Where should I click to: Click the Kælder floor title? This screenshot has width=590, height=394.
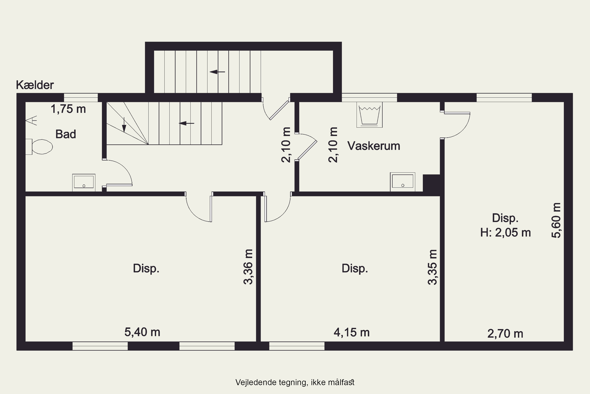click(x=35, y=85)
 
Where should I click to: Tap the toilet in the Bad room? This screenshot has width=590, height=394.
click(x=40, y=147)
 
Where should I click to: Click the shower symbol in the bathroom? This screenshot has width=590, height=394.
click(x=31, y=120)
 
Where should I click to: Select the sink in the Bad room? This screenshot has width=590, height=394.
click(x=84, y=182)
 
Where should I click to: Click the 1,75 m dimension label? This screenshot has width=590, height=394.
click(x=68, y=109)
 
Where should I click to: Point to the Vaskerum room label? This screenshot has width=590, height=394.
click(x=373, y=146)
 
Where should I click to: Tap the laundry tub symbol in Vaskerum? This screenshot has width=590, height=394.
click(x=369, y=115)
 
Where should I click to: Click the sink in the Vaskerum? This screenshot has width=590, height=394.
click(x=402, y=182)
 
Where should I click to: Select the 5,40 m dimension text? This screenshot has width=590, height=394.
click(x=142, y=332)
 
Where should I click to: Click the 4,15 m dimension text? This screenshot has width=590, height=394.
click(x=351, y=333)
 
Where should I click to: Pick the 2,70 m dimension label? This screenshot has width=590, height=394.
click(x=505, y=334)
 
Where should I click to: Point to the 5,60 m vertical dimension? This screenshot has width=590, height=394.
click(x=556, y=220)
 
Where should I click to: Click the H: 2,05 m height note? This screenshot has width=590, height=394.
click(x=505, y=233)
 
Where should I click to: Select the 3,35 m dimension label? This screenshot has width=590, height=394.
click(x=432, y=267)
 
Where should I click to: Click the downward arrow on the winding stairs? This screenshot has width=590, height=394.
click(x=124, y=125)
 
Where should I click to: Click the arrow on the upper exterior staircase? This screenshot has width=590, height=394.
click(x=217, y=72)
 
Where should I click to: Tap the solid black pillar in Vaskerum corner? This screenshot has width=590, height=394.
click(x=431, y=183)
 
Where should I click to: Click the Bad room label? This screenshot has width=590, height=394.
click(x=65, y=134)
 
